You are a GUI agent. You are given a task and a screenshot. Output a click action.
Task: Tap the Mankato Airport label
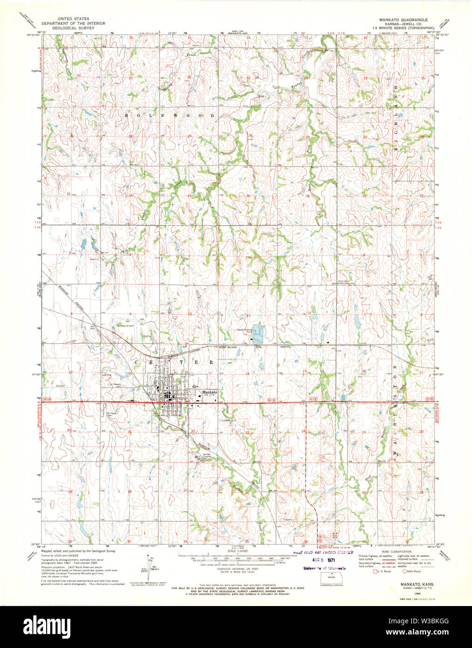[x=125, y=325]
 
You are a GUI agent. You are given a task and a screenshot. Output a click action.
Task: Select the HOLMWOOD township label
[x=170, y=115]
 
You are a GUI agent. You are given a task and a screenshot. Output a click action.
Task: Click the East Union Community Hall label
[x=346, y=282]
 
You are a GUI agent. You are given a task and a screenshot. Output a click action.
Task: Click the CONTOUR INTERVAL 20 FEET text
[x=236, y=570]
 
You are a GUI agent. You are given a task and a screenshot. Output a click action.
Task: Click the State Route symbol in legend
[x=404, y=571]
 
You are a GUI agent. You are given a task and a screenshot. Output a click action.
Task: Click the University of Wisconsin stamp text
[x=324, y=568]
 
